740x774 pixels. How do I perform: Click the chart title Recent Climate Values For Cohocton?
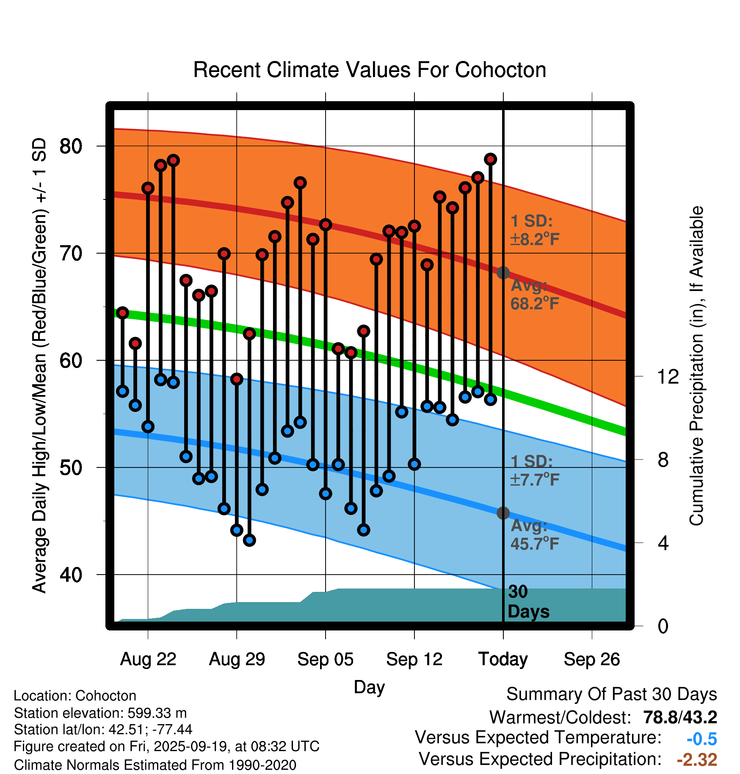tap(370, 70)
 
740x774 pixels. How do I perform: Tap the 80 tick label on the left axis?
tap(71, 147)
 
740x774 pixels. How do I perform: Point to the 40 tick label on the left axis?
tap(71, 575)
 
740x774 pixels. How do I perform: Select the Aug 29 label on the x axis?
tap(237, 659)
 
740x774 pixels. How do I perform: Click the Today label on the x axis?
tap(503, 659)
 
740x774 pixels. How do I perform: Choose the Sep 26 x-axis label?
tap(591, 659)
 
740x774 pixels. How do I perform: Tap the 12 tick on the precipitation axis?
tap(668, 376)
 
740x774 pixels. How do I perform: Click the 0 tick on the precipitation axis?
tap(663, 626)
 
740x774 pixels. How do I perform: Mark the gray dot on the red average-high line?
tap(503, 273)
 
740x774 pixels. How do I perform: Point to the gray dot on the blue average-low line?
tap(503, 513)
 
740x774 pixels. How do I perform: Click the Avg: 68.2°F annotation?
tap(534, 295)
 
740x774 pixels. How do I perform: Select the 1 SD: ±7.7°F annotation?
tap(534, 470)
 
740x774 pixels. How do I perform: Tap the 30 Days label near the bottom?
tap(528, 602)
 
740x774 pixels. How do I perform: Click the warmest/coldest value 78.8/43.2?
tap(680, 717)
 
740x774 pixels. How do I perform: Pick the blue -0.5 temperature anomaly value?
tap(701, 739)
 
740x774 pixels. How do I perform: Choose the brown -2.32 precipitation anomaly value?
tap(697, 760)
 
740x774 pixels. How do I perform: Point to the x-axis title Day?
tap(369, 687)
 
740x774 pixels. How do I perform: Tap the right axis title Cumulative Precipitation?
tap(696, 366)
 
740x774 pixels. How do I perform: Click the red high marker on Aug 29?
tap(237, 379)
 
